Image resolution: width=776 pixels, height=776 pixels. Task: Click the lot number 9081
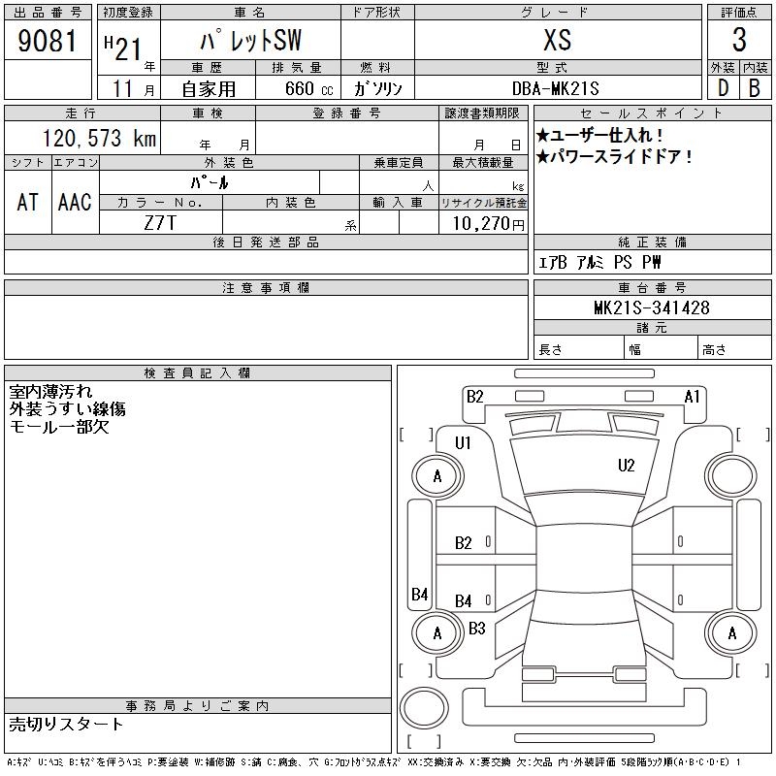48,41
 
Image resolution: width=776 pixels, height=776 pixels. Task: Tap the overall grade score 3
739,40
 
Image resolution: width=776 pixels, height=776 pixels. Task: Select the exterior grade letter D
723,88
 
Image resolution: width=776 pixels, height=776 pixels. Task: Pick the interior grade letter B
755,88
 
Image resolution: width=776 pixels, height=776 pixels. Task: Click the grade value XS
558,40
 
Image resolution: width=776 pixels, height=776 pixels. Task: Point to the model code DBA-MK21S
555,88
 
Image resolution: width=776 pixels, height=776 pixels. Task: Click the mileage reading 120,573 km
99,138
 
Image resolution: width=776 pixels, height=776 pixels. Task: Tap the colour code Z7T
160,223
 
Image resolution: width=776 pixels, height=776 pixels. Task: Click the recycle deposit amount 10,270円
489,224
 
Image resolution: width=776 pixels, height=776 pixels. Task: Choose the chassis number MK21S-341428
652,307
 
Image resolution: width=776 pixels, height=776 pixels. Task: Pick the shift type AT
28,202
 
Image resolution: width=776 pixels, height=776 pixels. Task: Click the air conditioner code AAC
75,202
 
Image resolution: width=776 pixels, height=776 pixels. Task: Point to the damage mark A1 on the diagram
692,397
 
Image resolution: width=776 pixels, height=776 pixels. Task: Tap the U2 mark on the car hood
626,466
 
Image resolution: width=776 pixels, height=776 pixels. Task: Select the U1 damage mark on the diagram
463,443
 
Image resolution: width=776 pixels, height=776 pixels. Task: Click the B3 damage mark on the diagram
476,629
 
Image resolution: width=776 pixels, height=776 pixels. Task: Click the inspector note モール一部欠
59,427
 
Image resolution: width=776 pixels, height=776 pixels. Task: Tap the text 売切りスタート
66,724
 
